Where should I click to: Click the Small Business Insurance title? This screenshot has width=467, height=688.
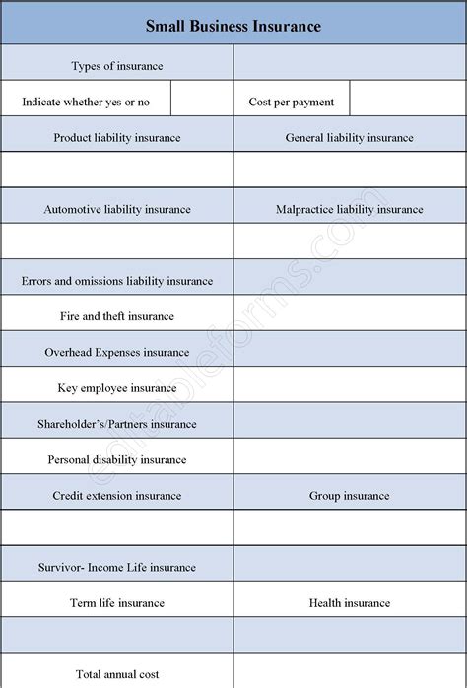(x=233, y=26)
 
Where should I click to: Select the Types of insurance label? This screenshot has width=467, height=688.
(x=117, y=66)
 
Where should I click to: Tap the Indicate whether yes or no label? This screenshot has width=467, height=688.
(x=86, y=102)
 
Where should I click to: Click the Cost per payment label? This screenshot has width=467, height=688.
(x=292, y=102)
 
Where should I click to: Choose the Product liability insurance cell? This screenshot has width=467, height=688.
(x=117, y=138)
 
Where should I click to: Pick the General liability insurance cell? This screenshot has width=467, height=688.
(x=350, y=138)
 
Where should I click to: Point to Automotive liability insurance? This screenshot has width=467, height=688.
(x=117, y=209)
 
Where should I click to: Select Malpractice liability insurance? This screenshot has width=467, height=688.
(x=350, y=209)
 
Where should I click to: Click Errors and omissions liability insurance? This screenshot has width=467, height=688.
(x=117, y=281)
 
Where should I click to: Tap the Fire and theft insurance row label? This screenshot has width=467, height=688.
(x=117, y=316)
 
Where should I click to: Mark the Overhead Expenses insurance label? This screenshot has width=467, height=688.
(x=117, y=352)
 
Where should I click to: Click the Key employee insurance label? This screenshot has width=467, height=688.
(x=117, y=388)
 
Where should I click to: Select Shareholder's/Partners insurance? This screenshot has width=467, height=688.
(x=117, y=424)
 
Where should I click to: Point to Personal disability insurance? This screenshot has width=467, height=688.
(x=117, y=459)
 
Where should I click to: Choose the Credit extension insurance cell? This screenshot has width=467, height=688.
(x=117, y=496)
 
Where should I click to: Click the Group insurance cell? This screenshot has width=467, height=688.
(x=350, y=496)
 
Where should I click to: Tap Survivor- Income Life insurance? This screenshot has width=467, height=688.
(x=117, y=567)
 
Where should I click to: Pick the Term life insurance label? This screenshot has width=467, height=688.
(x=117, y=602)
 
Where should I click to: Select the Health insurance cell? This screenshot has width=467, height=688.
(x=350, y=602)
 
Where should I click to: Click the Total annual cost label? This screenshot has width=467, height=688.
(x=117, y=674)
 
